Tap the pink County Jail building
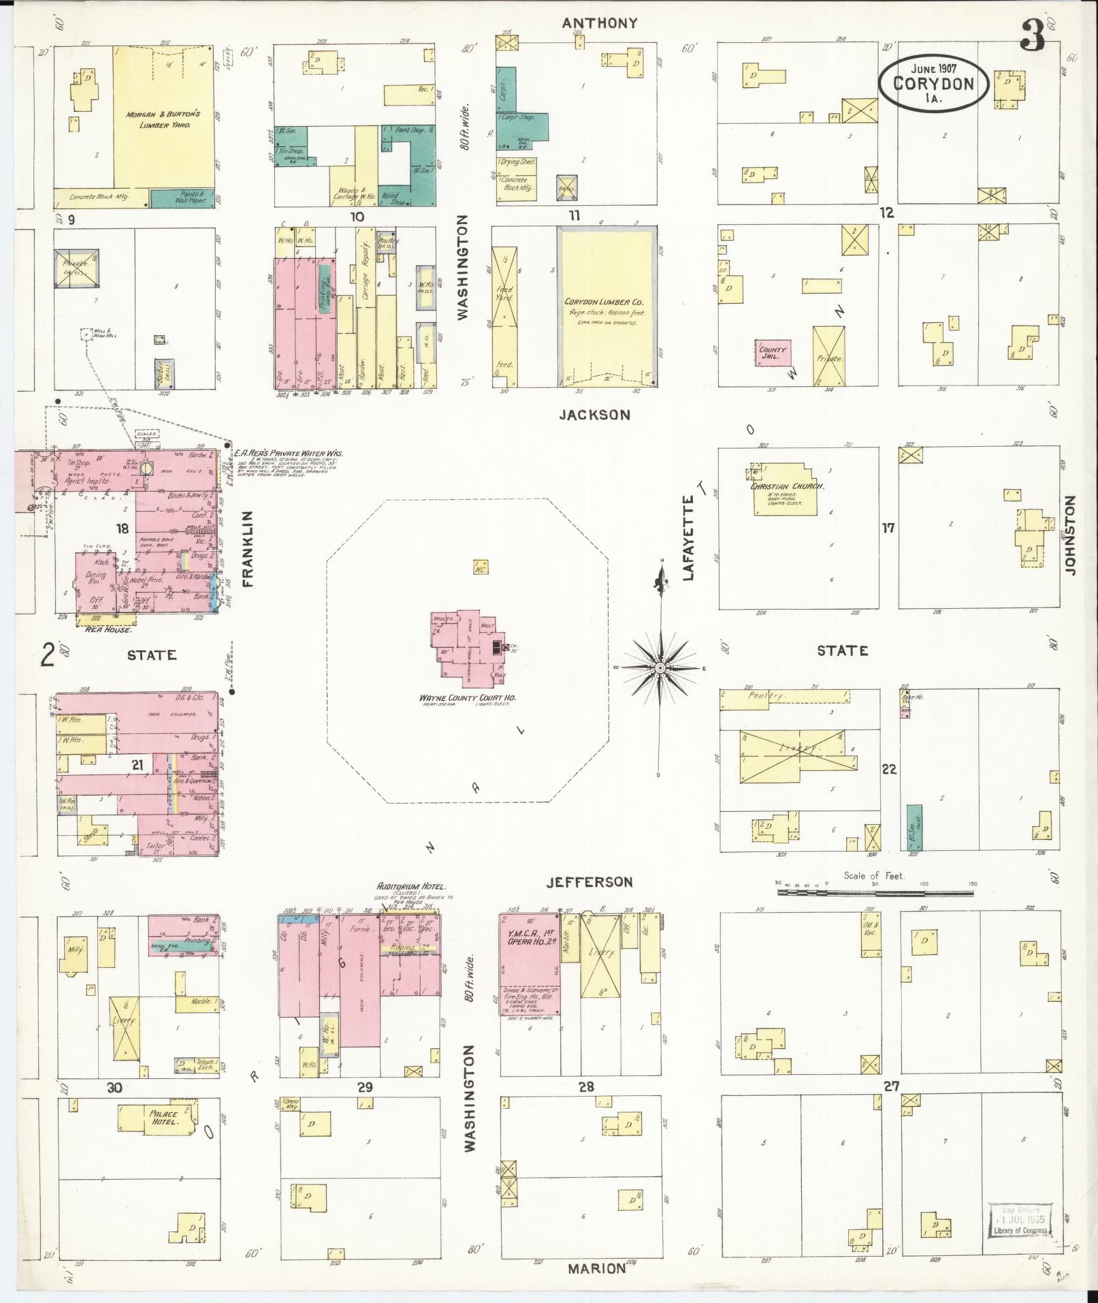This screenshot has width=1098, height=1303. tap(773, 352)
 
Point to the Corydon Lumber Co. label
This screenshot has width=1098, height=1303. tap(604, 302)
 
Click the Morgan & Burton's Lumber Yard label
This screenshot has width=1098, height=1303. tap(162, 120)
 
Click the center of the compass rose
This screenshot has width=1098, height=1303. tap(660, 668)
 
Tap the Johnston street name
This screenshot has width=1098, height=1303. tap(1070, 535)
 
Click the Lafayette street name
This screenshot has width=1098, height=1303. tap(689, 537)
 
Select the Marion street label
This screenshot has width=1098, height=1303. tap(597, 1268)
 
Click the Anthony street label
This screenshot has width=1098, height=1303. tap(599, 23)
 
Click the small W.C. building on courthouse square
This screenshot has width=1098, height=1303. tap(481, 567)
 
